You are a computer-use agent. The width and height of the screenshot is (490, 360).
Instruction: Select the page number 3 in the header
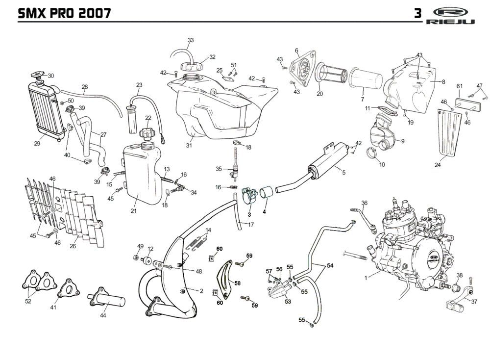pyautogui.click(x=417, y=13)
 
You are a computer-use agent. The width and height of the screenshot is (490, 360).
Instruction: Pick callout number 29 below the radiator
pyautogui.click(x=37, y=144)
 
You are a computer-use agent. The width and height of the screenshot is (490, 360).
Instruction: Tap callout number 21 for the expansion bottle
pyautogui.click(x=133, y=211)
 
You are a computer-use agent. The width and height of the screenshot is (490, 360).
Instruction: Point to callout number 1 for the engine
pyautogui.click(x=366, y=278)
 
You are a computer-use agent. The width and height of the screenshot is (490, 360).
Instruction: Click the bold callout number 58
pyautogui.click(x=238, y=283)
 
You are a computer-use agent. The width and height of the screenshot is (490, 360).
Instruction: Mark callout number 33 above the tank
pyautogui.click(x=191, y=40)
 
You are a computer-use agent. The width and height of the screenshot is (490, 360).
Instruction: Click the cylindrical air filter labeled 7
pyautogui.click(x=368, y=78)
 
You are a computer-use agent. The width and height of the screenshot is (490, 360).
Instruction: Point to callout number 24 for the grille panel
pyautogui.click(x=438, y=165)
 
